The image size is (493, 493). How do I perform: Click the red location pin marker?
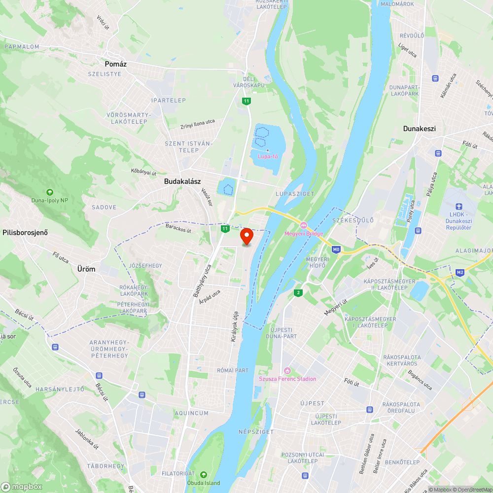246,236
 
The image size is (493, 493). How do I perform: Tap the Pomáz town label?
113,64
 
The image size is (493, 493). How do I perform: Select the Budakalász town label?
182,181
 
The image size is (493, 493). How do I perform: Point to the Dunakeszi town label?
419,129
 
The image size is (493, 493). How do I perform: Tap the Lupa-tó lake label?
268,156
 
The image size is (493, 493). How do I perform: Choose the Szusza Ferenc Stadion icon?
288,371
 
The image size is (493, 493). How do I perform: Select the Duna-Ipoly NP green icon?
49,192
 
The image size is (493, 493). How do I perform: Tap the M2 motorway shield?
460,272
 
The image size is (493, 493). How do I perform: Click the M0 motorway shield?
336,249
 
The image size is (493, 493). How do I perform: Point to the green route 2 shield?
298,293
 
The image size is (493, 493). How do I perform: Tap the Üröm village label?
86,269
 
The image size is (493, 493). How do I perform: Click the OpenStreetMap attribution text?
473,490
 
